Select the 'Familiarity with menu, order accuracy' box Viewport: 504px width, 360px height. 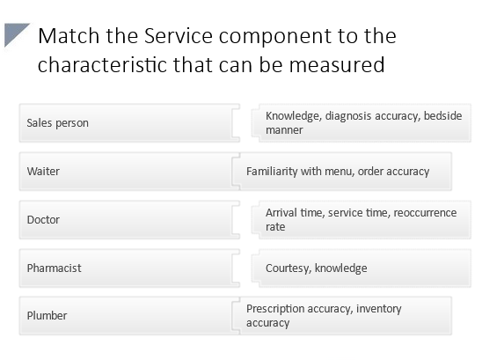343,171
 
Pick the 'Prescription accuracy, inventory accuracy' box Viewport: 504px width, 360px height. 343,315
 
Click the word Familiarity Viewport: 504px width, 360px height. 272,171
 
